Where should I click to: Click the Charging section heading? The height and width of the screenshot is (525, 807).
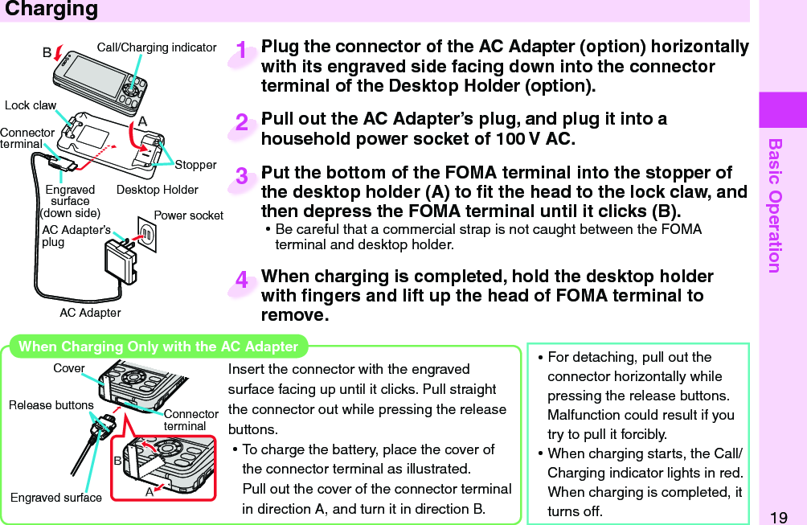(51, 10)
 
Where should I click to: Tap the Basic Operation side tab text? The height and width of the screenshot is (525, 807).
(775, 205)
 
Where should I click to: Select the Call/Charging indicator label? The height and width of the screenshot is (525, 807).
(157, 47)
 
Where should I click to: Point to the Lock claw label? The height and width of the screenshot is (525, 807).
(31, 105)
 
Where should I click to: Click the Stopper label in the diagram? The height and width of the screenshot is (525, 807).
(195, 165)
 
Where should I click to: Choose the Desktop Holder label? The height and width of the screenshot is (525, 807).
(157, 190)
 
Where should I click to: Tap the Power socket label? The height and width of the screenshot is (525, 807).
(188, 215)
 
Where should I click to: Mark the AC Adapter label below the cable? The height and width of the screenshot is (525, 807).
(90, 313)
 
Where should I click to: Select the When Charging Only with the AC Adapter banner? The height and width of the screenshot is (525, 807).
(158, 347)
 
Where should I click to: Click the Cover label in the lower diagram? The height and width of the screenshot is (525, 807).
(68, 368)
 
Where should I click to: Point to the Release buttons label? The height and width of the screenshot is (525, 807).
(51, 405)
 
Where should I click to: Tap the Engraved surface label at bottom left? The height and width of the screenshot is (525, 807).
(56, 498)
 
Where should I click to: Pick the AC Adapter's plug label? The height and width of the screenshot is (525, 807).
(76, 236)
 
